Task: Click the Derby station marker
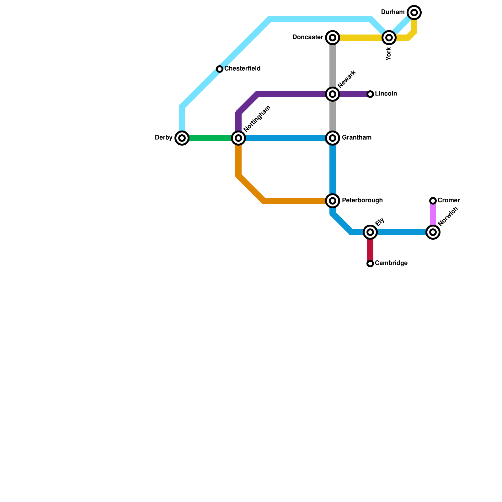(182, 138)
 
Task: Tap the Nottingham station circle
(238, 138)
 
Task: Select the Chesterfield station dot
(220, 69)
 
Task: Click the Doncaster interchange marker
(333, 38)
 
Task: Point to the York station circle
(389, 38)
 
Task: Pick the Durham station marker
(414, 13)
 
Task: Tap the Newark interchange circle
(333, 94)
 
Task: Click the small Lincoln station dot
(370, 94)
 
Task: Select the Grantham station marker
(333, 138)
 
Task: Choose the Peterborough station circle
(333, 201)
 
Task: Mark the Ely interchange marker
(370, 232)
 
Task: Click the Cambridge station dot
(370, 264)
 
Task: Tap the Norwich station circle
(433, 232)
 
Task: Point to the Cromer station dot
(433, 201)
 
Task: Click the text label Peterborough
(362, 200)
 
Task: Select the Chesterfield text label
(242, 69)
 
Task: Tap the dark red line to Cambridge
(370, 249)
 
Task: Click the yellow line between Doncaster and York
(361, 38)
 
